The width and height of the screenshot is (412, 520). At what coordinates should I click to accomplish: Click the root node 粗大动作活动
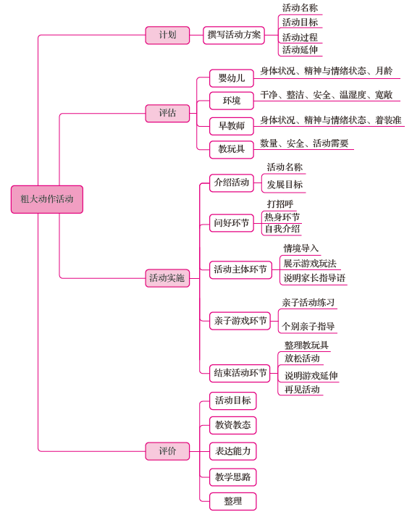[x=47, y=199]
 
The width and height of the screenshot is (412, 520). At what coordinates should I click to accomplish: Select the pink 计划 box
[x=167, y=35]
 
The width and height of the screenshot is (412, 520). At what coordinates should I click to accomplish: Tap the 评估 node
[x=167, y=113]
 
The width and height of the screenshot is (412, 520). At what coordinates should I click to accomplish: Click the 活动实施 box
[x=167, y=278]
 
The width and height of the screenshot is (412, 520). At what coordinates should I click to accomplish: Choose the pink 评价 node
[x=167, y=451]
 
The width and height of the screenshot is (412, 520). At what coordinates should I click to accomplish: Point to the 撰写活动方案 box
[x=234, y=35]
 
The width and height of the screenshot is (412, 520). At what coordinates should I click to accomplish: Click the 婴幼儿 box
[x=232, y=78]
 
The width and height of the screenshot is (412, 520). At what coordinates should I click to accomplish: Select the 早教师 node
[x=232, y=126]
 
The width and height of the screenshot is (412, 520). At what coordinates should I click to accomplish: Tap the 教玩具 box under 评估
[x=232, y=150]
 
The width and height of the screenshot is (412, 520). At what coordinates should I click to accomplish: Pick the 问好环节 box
[x=232, y=223]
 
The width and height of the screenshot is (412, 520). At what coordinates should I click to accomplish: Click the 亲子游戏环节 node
[x=240, y=321]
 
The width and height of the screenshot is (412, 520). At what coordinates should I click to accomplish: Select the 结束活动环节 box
[x=240, y=373]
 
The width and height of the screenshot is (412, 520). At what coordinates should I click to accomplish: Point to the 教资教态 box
[x=232, y=425]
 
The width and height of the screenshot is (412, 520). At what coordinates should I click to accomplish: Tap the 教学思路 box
[x=232, y=477]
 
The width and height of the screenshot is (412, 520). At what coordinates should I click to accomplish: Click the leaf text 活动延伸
[x=300, y=50]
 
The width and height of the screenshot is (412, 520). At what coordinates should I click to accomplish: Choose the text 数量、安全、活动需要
[x=304, y=143]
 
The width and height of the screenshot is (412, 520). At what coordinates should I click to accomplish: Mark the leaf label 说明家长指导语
[x=314, y=278]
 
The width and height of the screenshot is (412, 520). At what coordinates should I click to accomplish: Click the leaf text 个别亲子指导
[x=308, y=327]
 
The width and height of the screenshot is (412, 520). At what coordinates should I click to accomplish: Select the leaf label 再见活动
[x=302, y=390]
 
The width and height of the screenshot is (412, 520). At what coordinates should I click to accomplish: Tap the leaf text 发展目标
[x=285, y=185]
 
